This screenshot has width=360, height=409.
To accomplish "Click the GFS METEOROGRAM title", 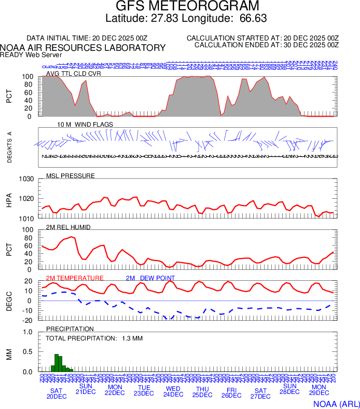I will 187,7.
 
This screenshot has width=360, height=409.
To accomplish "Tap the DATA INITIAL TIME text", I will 87,38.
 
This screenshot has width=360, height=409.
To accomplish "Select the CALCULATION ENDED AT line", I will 266,45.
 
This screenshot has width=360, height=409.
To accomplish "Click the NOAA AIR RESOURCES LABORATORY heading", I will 83,48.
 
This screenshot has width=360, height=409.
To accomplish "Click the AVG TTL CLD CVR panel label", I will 73,74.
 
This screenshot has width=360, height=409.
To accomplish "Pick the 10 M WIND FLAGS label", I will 84,125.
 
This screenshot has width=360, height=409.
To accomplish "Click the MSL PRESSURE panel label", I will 71,176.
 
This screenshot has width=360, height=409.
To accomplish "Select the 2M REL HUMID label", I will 68,227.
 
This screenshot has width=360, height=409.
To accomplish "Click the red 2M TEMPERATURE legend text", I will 75,278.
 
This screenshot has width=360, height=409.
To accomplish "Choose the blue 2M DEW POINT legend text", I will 150,278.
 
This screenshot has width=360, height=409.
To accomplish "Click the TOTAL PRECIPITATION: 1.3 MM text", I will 94,338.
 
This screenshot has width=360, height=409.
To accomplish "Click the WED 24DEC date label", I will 173,391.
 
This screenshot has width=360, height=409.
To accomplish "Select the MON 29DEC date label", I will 319,391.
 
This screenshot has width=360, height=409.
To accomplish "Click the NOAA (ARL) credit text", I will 336,403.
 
